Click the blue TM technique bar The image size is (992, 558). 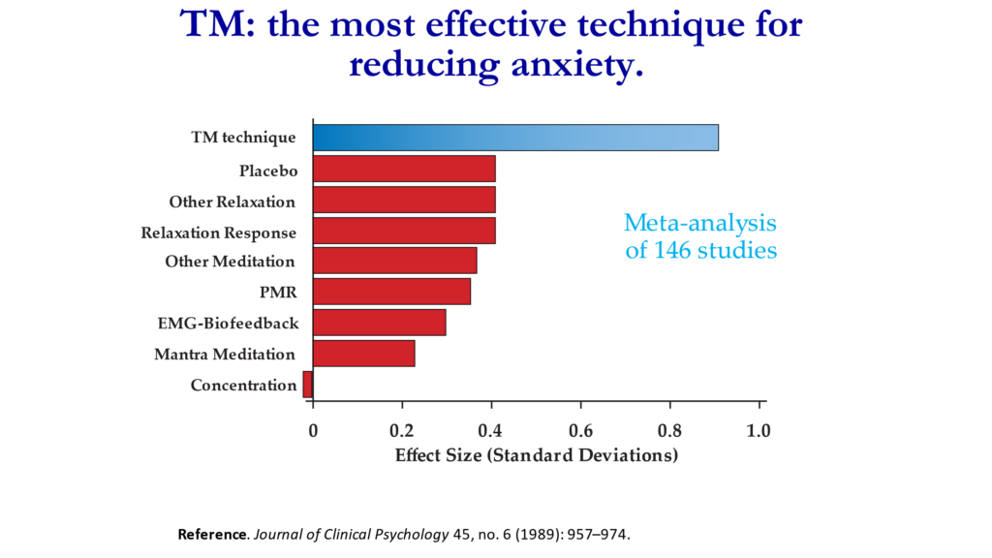515,138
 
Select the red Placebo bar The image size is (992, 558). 404,169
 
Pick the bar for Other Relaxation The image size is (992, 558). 404,200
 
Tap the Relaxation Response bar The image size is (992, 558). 404,231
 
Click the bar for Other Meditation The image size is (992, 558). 395,261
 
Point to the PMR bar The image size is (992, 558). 391,291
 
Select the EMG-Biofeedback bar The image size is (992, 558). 380,323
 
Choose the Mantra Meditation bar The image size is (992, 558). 364,354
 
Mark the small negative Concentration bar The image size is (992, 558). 308,384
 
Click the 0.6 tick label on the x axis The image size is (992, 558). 581,431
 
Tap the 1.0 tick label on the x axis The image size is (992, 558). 759,431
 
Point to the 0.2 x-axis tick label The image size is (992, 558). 402,431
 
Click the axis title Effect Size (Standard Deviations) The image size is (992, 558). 537,455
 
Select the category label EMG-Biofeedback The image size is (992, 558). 228,324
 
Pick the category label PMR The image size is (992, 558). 278,293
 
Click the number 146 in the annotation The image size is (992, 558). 672,251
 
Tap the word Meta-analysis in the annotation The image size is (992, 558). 700,223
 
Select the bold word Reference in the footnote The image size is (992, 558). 212,535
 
